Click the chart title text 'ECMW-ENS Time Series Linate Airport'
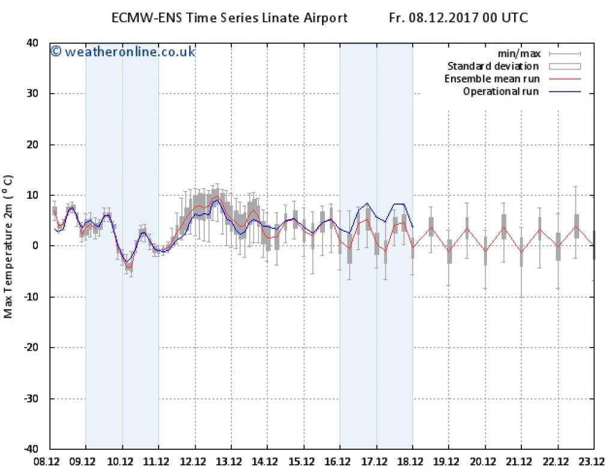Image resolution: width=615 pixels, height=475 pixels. (229, 18)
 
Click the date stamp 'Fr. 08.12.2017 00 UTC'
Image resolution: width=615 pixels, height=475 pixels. (458, 18)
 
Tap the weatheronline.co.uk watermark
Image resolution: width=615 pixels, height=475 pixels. (123, 52)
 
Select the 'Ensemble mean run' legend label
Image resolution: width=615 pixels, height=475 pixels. (492, 79)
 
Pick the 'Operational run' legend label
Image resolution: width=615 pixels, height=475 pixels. (501, 92)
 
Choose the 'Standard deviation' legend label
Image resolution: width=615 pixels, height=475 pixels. (493, 66)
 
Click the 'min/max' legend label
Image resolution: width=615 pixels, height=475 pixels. (520, 53)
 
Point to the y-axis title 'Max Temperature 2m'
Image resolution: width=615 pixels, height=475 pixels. (8, 246)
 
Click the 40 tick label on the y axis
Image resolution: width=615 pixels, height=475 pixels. (32, 43)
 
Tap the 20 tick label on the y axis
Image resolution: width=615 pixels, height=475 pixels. (32, 145)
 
